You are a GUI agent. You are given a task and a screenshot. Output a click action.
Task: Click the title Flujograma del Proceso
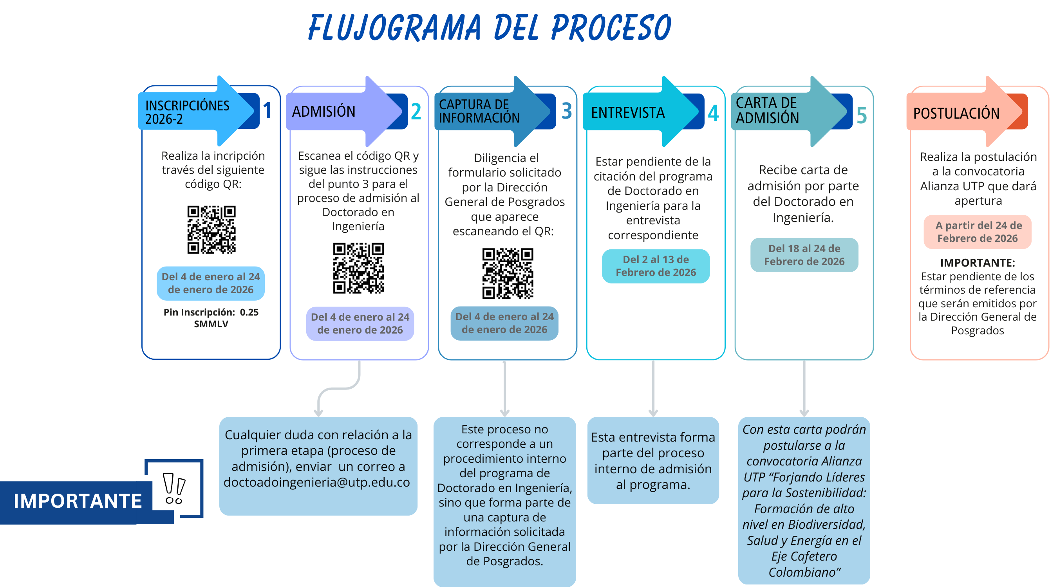[489, 28]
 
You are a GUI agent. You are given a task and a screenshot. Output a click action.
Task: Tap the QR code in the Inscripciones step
[211, 229]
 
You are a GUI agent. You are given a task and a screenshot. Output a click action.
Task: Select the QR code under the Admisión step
[358, 268]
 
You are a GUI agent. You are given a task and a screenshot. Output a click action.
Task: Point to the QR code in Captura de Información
[508, 273]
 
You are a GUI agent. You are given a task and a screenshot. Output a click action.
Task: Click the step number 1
[267, 110]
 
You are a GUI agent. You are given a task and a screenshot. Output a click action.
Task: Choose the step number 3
[567, 111]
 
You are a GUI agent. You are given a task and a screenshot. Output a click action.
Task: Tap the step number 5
[861, 115]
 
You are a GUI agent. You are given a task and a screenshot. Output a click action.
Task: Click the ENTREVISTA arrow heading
[628, 112]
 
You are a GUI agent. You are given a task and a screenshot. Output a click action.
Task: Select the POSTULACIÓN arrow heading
[956, 113]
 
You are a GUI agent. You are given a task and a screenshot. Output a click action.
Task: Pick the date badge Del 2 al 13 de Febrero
[656, 266]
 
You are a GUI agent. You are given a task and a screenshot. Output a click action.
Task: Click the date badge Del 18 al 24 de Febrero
[804, 255]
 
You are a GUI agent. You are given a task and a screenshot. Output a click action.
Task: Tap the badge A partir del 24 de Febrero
[978, 232]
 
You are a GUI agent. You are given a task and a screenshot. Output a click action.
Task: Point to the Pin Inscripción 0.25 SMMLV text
[211, 318]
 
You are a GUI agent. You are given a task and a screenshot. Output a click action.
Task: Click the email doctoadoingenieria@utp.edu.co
[317, 482]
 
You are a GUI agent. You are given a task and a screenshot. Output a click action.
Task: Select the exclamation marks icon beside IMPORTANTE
[174, 489]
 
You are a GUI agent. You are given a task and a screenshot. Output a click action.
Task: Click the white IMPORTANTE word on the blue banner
[78, 501]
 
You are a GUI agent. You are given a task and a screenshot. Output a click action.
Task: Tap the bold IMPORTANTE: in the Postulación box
[978, 263]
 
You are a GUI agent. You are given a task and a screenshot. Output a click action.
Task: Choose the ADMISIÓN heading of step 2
[323, 111]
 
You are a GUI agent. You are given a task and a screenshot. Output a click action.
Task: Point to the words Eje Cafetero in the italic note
[804, 556]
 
